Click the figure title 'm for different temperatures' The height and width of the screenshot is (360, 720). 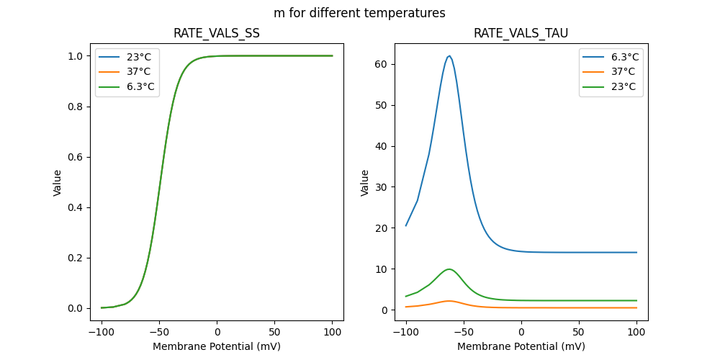tap(359, 13)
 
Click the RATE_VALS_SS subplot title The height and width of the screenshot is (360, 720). tap(217, 34)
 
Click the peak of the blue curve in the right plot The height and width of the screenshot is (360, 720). tap(449, 56)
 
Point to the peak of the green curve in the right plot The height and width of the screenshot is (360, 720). tap(449, 269)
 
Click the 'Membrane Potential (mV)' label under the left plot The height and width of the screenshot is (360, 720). tap(217, 346)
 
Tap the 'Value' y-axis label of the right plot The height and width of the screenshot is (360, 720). tap(365, 183)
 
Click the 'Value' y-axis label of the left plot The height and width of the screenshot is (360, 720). tap(58, 183)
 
